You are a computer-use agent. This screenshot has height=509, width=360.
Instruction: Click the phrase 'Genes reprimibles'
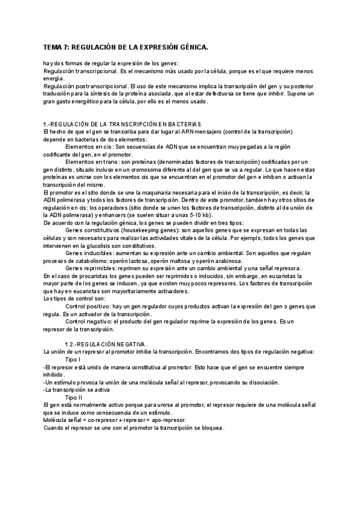pos(90,268)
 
